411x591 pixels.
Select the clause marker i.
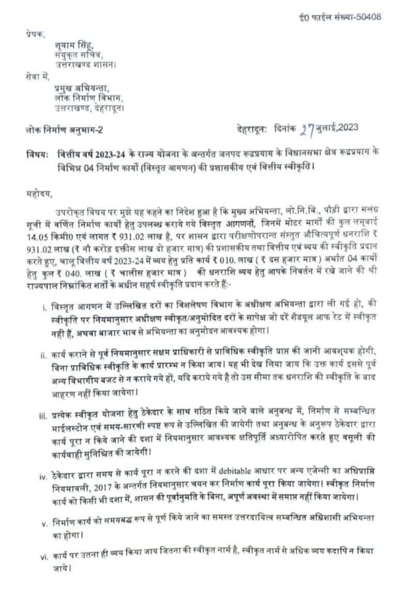tap(45, 308)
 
